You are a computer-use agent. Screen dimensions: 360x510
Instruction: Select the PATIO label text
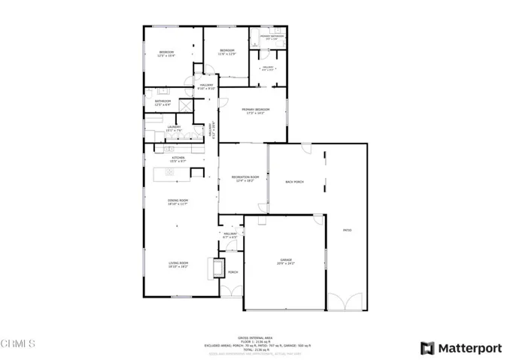coord(347,230)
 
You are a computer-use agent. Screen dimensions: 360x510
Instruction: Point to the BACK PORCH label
coord(294,182)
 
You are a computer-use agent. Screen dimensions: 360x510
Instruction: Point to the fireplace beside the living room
coord(218,268)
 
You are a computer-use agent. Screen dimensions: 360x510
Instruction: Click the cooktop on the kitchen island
coord(169,173)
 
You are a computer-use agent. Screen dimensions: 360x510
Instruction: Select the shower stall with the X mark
coord(183,107)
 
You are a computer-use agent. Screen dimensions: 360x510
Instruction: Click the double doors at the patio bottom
coord(348,302)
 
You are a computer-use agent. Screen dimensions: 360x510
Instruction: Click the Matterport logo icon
coord(427,348)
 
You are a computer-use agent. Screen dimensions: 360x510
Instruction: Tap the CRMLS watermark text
coord(19,343)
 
